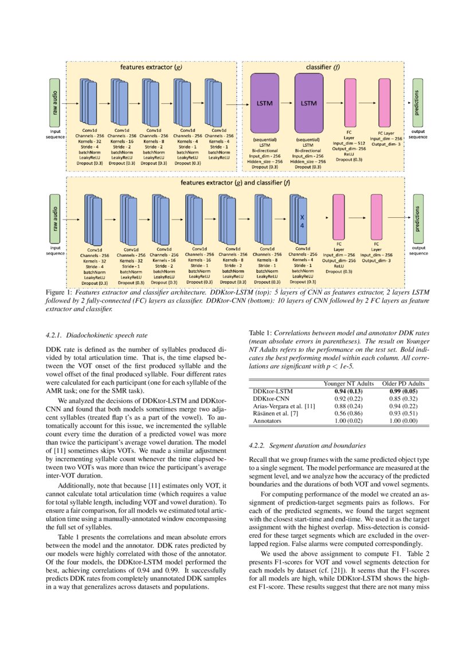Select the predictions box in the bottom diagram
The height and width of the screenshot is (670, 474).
(418, 218)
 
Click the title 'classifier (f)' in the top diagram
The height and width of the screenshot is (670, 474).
(323, 67)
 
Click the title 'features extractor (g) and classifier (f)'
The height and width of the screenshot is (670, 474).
(235, 183)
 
